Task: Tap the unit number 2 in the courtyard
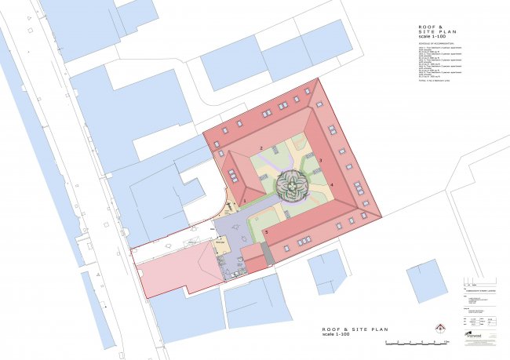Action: pyautogui.click(x=260, y=148)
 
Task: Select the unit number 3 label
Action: pyautogui.click(x=321, y=160)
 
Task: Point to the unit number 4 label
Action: pyautogui.click(x=332, y=184)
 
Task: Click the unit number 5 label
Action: pyautogui.click(x=266, y=232)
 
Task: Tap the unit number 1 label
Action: pyautogui.click(x=245, y=202)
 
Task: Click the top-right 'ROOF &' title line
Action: pyautogui.click(x=429, y=27)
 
